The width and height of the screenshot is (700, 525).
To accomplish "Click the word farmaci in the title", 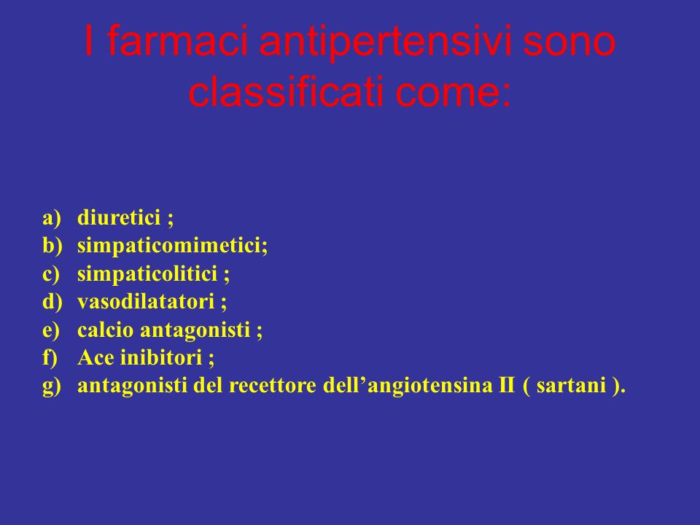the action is [x=178, y=41].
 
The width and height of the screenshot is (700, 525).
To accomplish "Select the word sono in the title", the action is [x=569, y=44].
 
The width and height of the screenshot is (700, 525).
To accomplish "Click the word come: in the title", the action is [x=453, y=95].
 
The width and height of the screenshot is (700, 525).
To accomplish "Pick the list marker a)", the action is [x=51, y=218].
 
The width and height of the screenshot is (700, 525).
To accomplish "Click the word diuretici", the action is [x=119, y=217].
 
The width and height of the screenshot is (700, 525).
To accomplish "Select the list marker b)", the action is [x=52, y=245].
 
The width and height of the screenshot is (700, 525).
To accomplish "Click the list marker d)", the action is [x=52, y=301].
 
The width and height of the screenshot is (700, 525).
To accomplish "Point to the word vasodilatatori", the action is [x=146, y=302].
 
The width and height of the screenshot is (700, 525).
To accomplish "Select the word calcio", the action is [x=105, y=330].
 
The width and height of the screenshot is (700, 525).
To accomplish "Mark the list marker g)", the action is [x=51, y=386].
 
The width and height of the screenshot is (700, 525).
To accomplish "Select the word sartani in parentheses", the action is [x=571, y=385].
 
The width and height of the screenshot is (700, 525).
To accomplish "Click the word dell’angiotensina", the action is [x=406, y=386].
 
